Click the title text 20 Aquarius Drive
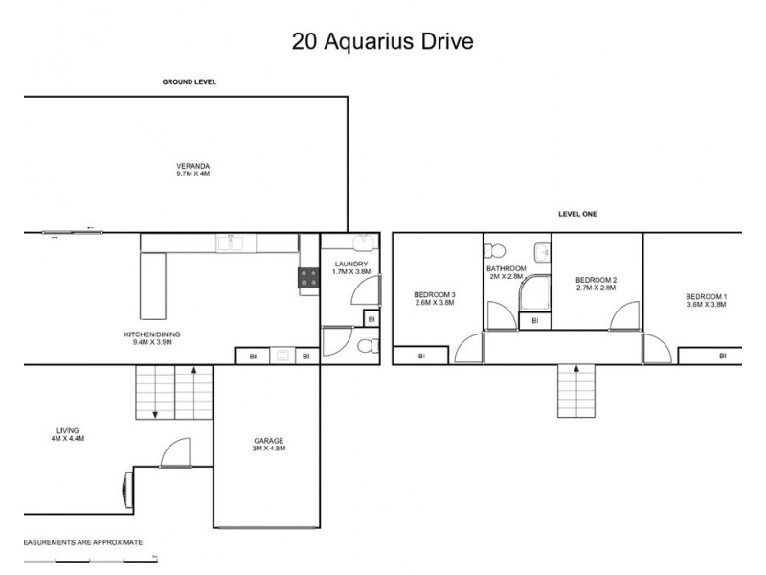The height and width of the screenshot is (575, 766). pyautogui.click(x=382, y=43)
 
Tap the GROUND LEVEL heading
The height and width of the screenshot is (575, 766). pyautogui.click(x=189, y=82)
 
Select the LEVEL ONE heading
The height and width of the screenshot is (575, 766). pyautogui.click(x=577, y=214)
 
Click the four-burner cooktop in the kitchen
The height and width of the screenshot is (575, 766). pyautogui.click(x=309, y=278)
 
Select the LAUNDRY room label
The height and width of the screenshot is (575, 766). pyautogui.click(x=349, y=268)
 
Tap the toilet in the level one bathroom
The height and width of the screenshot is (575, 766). pyautogui.click(x=495, y=251)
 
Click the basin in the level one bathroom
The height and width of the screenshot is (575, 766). pyautogui.click(x=542, y=252)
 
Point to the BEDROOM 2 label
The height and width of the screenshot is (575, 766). pyautogui.click(x=596, y=283)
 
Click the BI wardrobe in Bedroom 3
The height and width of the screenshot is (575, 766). pyautogui.click(x=420, y=356)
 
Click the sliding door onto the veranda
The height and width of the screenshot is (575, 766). pyautogui.click(x=67, y=231)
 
